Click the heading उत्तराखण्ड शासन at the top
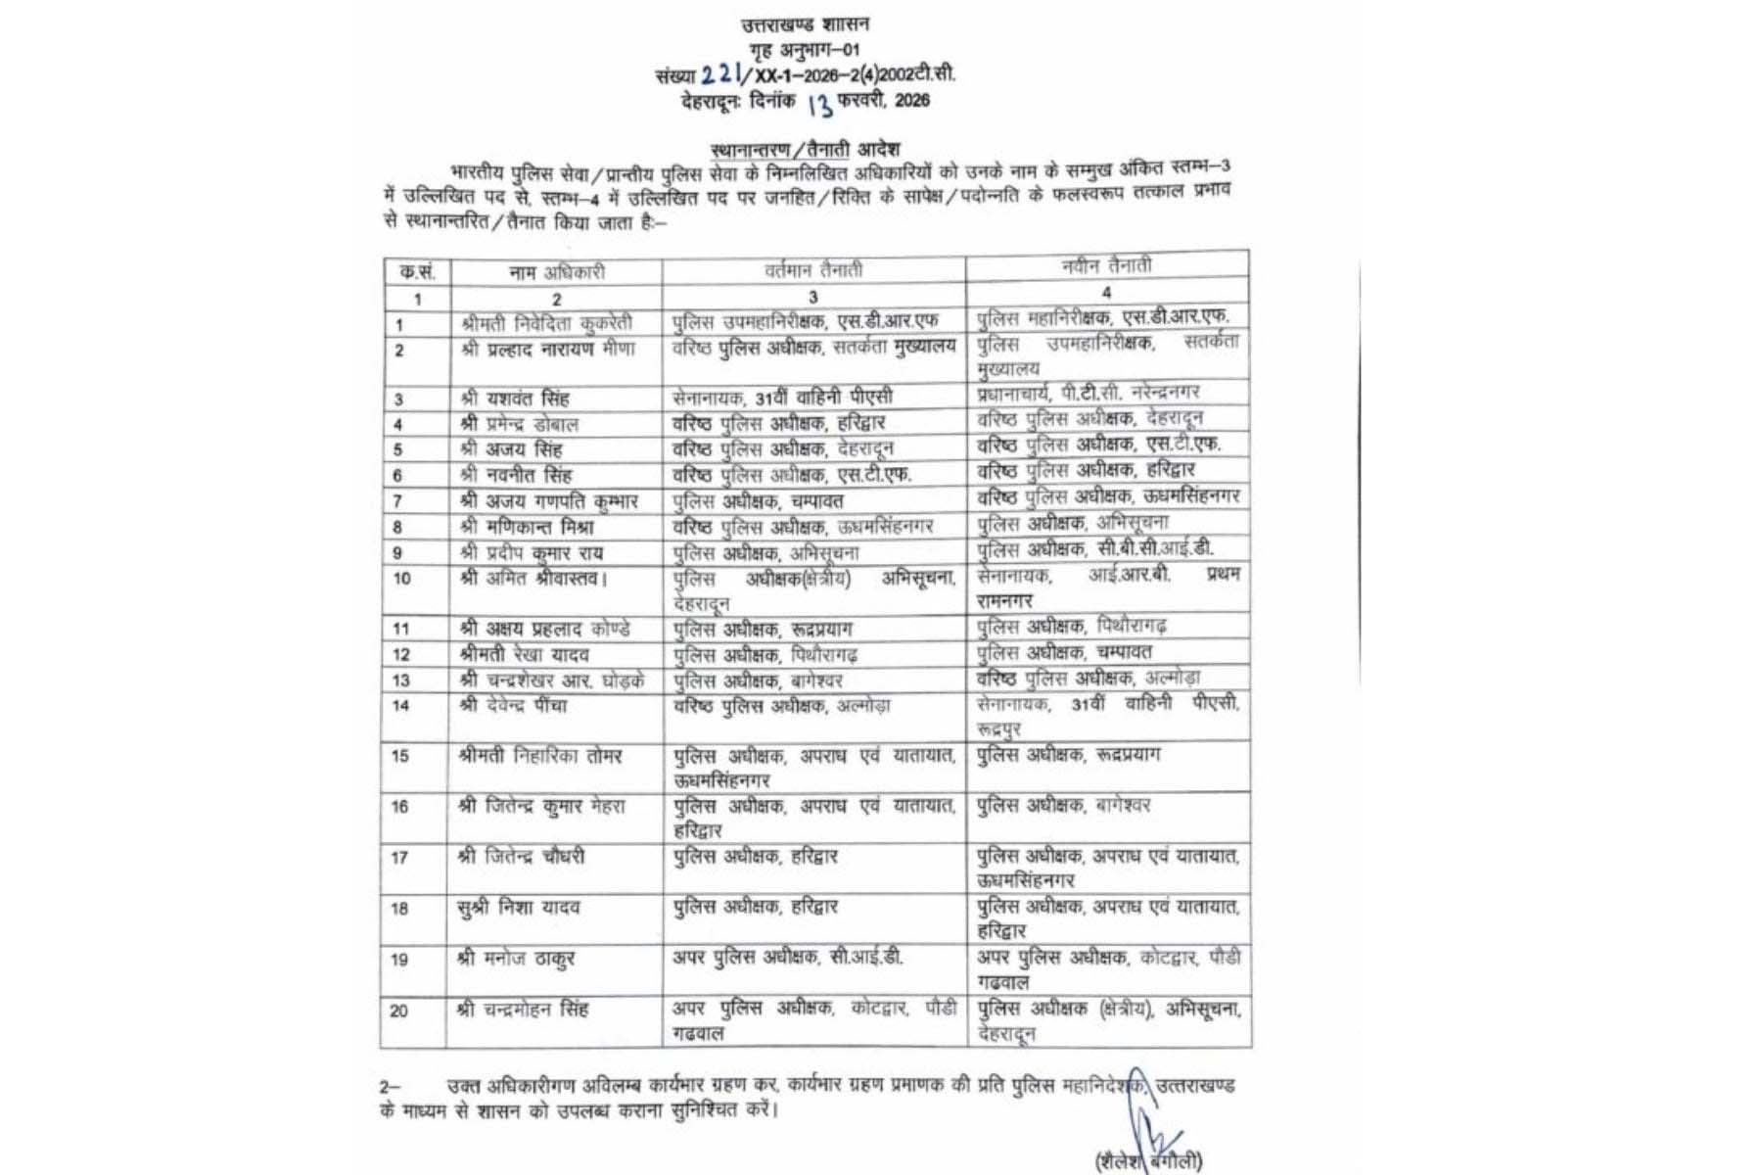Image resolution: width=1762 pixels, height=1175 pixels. coord(805,24)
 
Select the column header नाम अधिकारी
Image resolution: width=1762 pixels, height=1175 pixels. coord(556,272)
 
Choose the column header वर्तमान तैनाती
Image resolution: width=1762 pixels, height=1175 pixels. coord(813,269)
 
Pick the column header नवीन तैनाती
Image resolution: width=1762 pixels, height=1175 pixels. coord(1106,265)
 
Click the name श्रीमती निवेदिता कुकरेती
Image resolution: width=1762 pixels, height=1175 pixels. coord(546,322)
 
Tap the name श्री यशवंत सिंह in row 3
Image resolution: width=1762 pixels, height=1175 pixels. coord(514,399)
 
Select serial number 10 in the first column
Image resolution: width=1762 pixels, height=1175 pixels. coord(401,578)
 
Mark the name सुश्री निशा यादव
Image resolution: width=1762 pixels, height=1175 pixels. coord(518,908)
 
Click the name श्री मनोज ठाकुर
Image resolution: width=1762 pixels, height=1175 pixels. coord(515,959)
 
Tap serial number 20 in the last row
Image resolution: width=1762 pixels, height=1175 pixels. coord(399,1010)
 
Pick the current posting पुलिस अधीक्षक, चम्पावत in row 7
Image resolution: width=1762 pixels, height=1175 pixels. coord(758,501)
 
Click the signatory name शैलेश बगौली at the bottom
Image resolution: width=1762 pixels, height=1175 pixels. coord(1149,1161)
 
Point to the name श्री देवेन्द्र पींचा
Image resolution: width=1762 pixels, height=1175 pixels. coord(512,705)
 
